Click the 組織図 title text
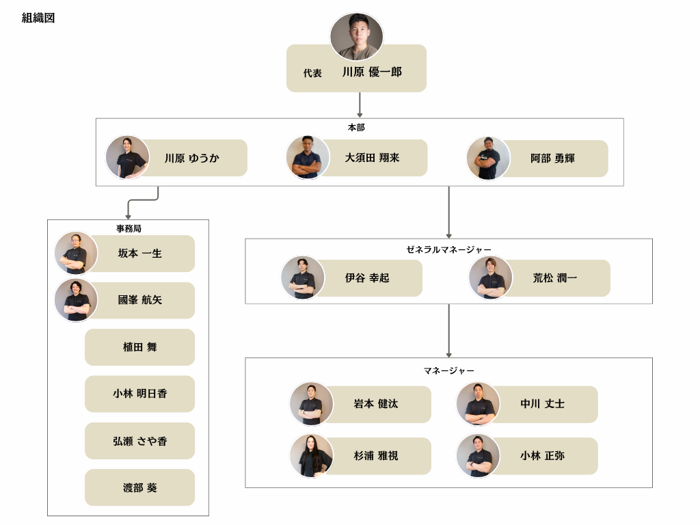coord(38,18)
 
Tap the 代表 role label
coord(312,73)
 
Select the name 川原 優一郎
coord(372,72)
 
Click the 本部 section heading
coord(356,127)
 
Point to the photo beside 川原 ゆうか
coord(128,157)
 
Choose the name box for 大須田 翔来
coord(373,158)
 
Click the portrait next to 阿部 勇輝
coord(488,158)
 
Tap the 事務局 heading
coord(129,228)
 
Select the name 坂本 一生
coord(140,254)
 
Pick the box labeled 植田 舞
coord(139,347)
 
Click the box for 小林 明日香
coord(139,394)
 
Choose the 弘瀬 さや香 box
coord(139,441)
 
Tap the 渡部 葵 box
coord(139,487)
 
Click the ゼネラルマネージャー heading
coord(448,250)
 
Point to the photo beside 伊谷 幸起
coord(303,278)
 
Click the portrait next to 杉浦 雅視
coord(311,455)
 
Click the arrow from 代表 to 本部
coord(360,105)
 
